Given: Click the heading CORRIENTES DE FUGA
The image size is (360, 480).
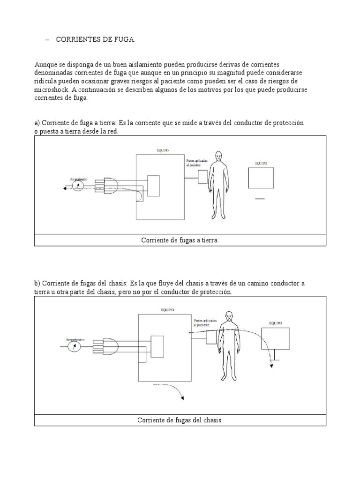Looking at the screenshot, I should [x=96, y=40].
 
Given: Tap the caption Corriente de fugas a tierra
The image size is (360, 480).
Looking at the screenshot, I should [x=180, y=240].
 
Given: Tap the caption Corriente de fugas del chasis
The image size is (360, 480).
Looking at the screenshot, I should [x=180, y=420].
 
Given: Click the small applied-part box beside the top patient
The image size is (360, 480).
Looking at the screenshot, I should [x=202, y=177].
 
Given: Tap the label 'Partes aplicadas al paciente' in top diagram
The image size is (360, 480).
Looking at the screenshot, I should [x=196, y=163].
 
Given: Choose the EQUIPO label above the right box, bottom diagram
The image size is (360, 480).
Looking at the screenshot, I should [x=276, y=323].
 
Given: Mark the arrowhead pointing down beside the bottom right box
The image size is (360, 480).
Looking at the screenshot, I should [x=271, y=366].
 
